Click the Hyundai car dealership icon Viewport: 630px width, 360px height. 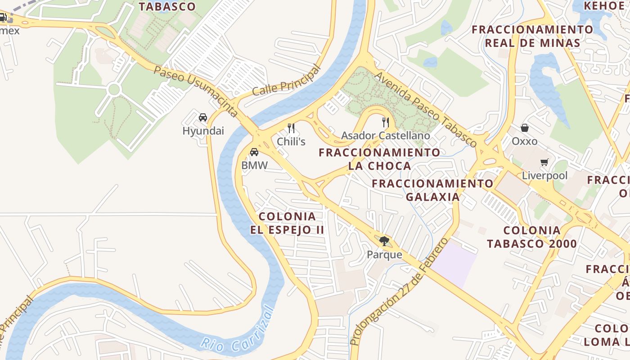(x=203, y=117)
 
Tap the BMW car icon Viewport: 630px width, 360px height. (x=254, y=152)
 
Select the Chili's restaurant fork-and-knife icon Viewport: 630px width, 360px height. (x=291, y=128)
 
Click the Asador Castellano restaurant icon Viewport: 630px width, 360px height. (x=385, y=122)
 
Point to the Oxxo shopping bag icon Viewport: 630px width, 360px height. (x=525, y=128)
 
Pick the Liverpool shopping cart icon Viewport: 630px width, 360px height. (x=544, y=162)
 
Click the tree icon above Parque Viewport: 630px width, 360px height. (x=384, y=241)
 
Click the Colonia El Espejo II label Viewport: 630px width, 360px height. (x=287, y=223)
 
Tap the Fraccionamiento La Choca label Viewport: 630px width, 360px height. (x=379, y=159)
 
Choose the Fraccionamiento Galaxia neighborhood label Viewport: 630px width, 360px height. (x=432, y=190)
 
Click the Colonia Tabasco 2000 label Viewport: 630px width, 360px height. (x=532, y=237)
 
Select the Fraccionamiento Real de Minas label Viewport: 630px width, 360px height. (x=532, y=36)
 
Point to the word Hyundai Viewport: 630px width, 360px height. (x=203, y=131)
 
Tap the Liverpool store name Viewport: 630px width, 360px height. (x=544, y=175)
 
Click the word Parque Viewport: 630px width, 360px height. (x=384, y=255)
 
